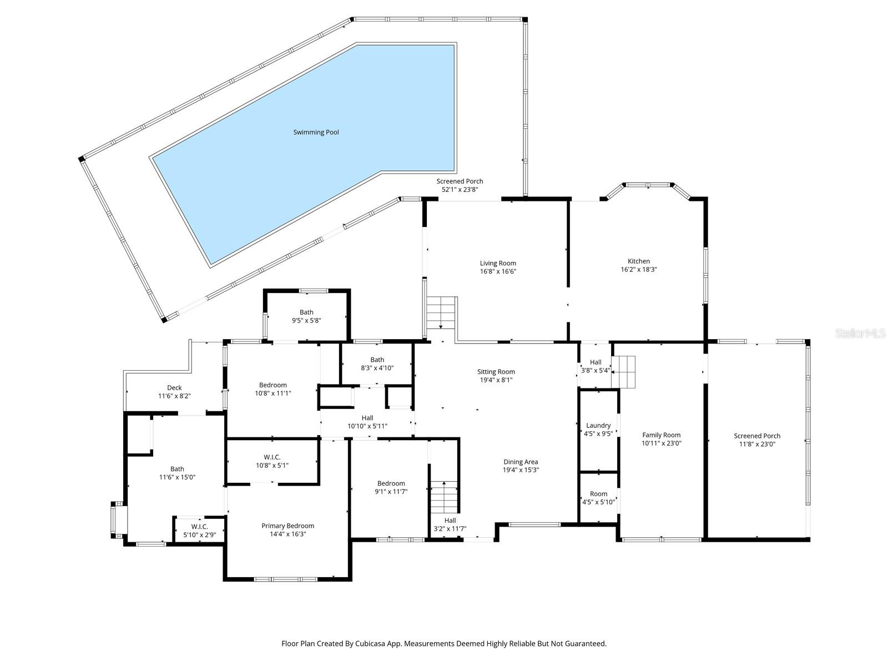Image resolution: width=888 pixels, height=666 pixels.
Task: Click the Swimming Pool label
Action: [316, 132]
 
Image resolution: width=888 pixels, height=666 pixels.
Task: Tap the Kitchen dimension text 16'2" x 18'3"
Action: [638, 269]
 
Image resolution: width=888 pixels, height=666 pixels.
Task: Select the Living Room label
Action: [498, 263]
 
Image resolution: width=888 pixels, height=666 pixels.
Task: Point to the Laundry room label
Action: [598, 426]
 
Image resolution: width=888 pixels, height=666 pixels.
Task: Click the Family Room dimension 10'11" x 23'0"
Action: [661, 443]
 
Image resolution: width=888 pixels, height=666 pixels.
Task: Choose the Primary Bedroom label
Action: [287, 526]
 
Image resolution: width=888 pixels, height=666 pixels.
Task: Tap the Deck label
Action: [174, 388]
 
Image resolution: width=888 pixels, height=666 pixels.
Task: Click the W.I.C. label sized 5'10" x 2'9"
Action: [199, 526]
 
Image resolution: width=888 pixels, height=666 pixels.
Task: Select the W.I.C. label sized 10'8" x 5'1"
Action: [272, 457]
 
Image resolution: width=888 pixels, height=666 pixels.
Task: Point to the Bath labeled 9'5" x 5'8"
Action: [306, 312]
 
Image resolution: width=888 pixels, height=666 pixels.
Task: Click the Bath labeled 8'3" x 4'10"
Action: [377, 360]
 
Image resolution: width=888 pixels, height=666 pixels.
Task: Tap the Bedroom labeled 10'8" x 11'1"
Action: [273, 385]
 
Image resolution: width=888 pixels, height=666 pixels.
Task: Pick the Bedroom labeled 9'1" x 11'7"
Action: [391, 483]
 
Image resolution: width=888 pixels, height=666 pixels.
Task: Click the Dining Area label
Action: [521, 462]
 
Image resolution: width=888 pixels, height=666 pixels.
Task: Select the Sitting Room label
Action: [496, 372]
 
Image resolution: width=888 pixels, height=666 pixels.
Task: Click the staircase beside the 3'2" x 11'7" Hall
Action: [444, 497]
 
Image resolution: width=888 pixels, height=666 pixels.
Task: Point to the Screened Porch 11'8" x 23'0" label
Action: [756, 436]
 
